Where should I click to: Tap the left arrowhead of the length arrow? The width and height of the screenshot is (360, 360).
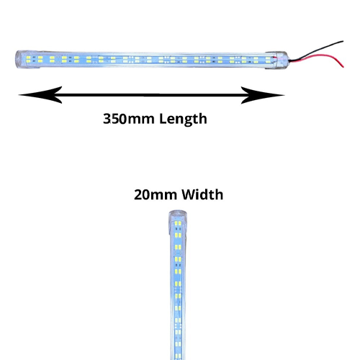[40, 95]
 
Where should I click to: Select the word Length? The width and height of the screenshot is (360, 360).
[183, 120]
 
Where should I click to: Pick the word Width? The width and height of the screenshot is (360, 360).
[202, 194]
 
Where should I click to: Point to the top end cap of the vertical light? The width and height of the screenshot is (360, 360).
[178, 215]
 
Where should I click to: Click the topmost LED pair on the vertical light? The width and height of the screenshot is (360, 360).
[178, 224]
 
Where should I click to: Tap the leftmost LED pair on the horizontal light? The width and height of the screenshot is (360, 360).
[28, 60]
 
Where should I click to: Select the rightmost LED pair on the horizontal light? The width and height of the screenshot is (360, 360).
[268, 60]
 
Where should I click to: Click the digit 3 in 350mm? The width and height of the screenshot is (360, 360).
[107, 119]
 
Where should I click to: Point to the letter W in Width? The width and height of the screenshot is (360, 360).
[189, 194]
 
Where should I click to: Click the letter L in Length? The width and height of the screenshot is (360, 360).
[163, 119]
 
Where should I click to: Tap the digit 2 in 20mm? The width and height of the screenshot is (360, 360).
[138, 194]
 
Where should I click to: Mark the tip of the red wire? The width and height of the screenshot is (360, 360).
[343, 67]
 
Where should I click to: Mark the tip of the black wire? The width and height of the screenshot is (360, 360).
[343, 41]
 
